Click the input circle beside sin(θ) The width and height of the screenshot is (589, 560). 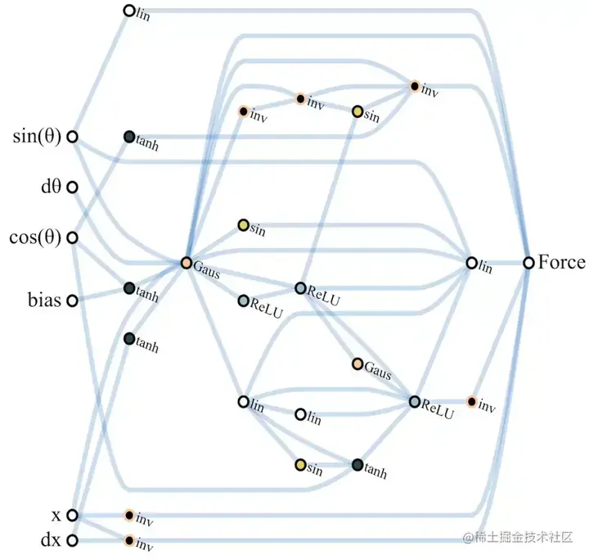point(72,138)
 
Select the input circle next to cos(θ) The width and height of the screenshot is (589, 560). point(72,238)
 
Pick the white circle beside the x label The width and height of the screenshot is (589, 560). point(72,515)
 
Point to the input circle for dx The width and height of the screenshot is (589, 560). point(72,540)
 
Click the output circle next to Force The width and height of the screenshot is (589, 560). point(529,263)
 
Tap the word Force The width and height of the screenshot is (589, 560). point(562,263)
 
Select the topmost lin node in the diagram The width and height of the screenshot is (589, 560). point(128,11)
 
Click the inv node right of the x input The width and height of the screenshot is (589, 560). point(128,515)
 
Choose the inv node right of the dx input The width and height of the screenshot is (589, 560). point(128,540)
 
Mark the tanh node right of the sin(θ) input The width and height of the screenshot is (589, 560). point(128,137)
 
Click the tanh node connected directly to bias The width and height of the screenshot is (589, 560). point(128,288)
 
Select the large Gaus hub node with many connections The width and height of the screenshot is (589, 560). point(187,263)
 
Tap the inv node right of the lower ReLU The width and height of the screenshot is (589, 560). point(471,401)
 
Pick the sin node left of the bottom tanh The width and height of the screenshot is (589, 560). point(300,465)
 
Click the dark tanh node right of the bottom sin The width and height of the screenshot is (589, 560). point(357,465)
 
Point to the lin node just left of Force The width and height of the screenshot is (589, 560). point(472,263)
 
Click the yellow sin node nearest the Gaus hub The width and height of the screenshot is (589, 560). point(243,224)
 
